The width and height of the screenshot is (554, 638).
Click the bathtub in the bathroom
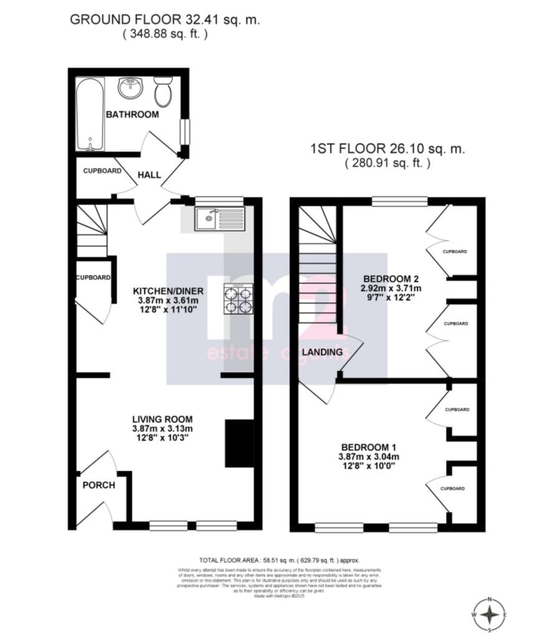tap(90, 114)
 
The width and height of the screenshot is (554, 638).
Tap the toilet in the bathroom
tap(163, 92)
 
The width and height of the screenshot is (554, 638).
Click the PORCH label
tap(99, 485)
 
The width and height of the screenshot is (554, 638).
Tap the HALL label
tap(149, 175)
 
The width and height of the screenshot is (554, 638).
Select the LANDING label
tap(322, 352)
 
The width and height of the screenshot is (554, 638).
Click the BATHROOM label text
tap(132, 115)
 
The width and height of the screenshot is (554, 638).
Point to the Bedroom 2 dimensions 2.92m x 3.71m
tap(392, 288)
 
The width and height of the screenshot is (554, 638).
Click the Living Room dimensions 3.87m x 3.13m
tap(162, 429)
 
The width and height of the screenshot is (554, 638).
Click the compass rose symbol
tap(491, 615)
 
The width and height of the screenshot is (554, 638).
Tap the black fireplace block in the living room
tap(239, 443)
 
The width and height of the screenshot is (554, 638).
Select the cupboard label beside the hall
tap(102, 170)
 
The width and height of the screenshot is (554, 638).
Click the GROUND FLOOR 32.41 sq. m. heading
tap(165, 19)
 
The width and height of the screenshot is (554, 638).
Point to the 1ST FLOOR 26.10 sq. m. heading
tap(387, 150)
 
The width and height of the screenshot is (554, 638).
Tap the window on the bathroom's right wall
tap(184, 131)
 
